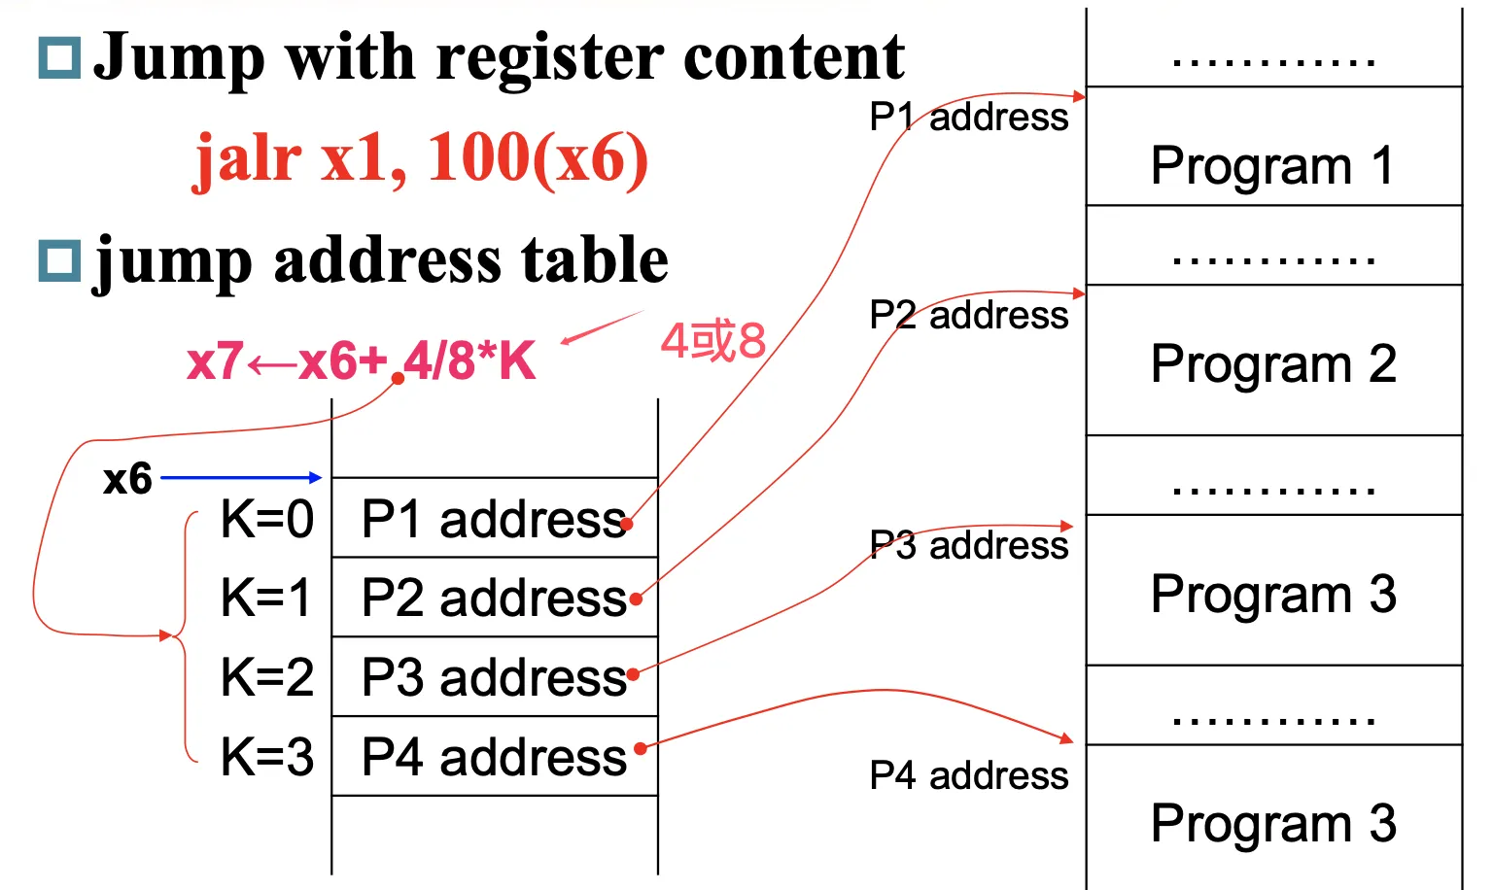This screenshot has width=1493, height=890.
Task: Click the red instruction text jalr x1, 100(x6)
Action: pos(421,160)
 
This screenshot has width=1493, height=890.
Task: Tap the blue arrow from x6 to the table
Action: pos(241,477)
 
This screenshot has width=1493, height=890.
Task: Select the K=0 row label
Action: pos(267,519)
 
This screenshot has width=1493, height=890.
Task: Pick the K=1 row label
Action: pos(266,598)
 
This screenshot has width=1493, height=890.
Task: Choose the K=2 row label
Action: pos(267,677)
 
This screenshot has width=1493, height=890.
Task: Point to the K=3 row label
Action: pos(267,757)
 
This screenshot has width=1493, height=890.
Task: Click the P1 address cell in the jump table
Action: pos(495,518)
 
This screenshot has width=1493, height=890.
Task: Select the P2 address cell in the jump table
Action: pos(495,597)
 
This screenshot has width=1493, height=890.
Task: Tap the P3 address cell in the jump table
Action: pos(495,677)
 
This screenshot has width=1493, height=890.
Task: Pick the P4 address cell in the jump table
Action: pos(495,756)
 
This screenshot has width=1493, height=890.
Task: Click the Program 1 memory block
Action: pos(1273,146)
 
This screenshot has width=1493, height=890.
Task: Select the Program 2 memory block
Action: pos(1273,359)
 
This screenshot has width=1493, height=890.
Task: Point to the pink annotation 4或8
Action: pos(713,340)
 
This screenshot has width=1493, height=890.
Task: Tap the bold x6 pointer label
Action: pos(127,478)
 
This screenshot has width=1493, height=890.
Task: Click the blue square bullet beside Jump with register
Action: pos(60,58)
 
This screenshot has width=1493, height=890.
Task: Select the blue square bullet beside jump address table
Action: pos(60,260)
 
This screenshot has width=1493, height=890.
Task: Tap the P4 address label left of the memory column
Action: pos(969,775)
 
